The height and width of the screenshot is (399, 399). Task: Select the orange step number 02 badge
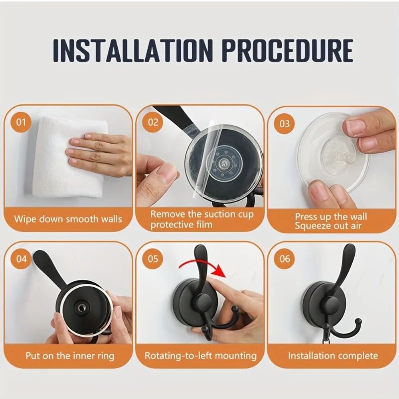pos(153,122)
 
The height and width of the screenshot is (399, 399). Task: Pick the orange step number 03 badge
pos(284,123)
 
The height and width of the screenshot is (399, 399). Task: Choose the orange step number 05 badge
pos(153,259)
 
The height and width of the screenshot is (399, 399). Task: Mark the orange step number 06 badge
pos(284,259)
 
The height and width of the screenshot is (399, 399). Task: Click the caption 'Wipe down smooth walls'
pos(68,219)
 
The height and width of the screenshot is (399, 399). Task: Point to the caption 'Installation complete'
pos(333,356)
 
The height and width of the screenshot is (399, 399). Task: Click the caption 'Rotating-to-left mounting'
pos(200,356)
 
